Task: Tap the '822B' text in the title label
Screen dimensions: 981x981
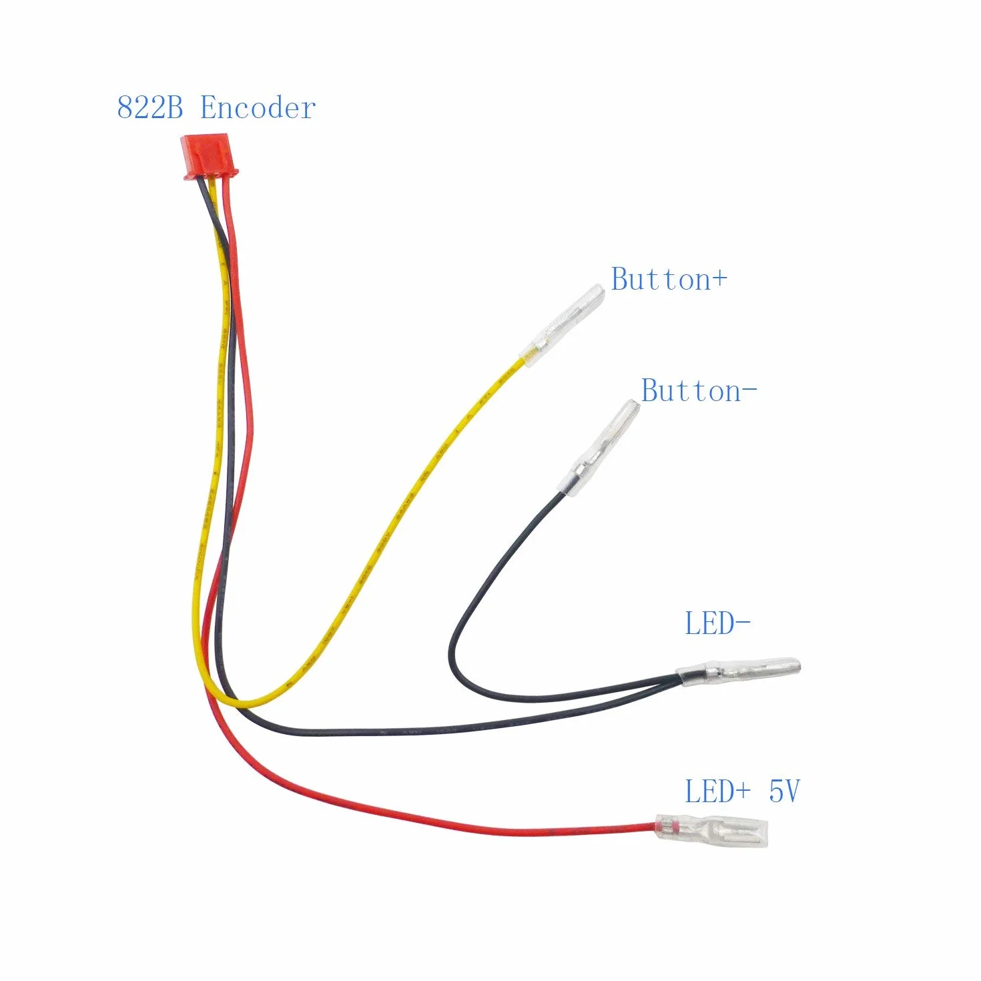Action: coord(149,108)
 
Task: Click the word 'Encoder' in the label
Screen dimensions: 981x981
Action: coord(258,108)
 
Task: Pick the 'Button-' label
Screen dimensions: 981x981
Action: coord(699,391)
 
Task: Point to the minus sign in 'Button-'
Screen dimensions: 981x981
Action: coord(750,391)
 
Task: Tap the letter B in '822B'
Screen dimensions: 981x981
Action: coord(173,108)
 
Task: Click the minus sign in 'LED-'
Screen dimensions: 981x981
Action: coord(744,623)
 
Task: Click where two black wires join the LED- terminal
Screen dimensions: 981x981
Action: coord(679,675)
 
